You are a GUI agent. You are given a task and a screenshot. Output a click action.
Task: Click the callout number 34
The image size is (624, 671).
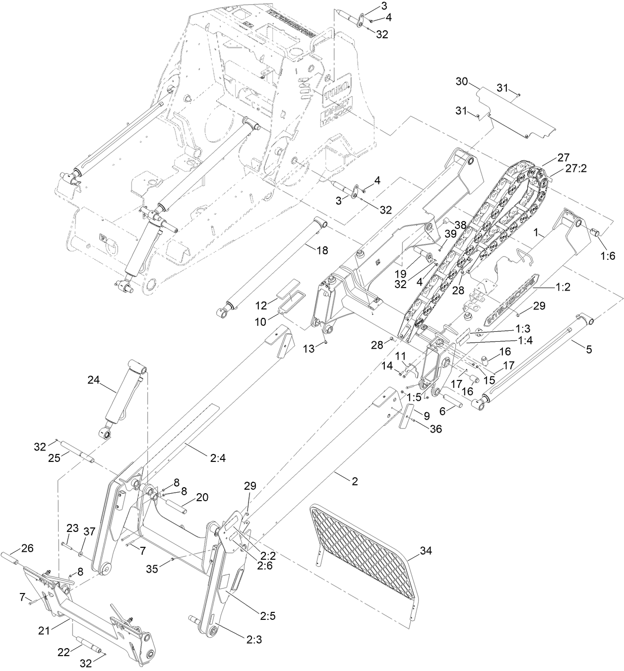click(426, 550)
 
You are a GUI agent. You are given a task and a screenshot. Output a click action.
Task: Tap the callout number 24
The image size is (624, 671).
click(94, 380)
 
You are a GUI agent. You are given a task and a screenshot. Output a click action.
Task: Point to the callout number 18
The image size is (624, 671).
click(322, 251)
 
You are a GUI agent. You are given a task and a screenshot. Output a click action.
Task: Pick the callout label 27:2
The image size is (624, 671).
click(576, 168)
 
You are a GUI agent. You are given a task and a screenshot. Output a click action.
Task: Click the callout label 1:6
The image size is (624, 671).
click(608, 256)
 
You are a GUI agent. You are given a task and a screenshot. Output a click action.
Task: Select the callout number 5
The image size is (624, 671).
click(589, 349)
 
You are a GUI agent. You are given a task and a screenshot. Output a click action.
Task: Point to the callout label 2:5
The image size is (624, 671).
click(267, 616)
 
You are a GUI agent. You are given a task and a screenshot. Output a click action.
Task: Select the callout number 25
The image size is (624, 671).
click(54, 457)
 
